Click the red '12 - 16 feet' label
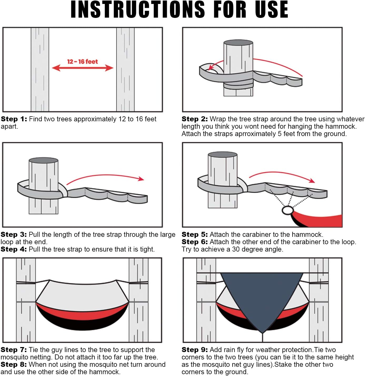(x=82, y=62)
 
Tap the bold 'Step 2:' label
(x=194, y=119)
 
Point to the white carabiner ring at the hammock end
(x=287, y=210)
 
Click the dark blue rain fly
(x=262, y=297)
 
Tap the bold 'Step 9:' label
(x=194, y=350)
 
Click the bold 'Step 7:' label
(x=14, y=350)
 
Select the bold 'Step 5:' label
(x=194, y=234)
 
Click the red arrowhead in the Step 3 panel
(x=141, y=179)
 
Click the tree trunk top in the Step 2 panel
(x=238, y=43)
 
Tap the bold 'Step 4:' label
(x=14, y=249)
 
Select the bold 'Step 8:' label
(x=14, y=364)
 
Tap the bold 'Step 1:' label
(x=14, y=119)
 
